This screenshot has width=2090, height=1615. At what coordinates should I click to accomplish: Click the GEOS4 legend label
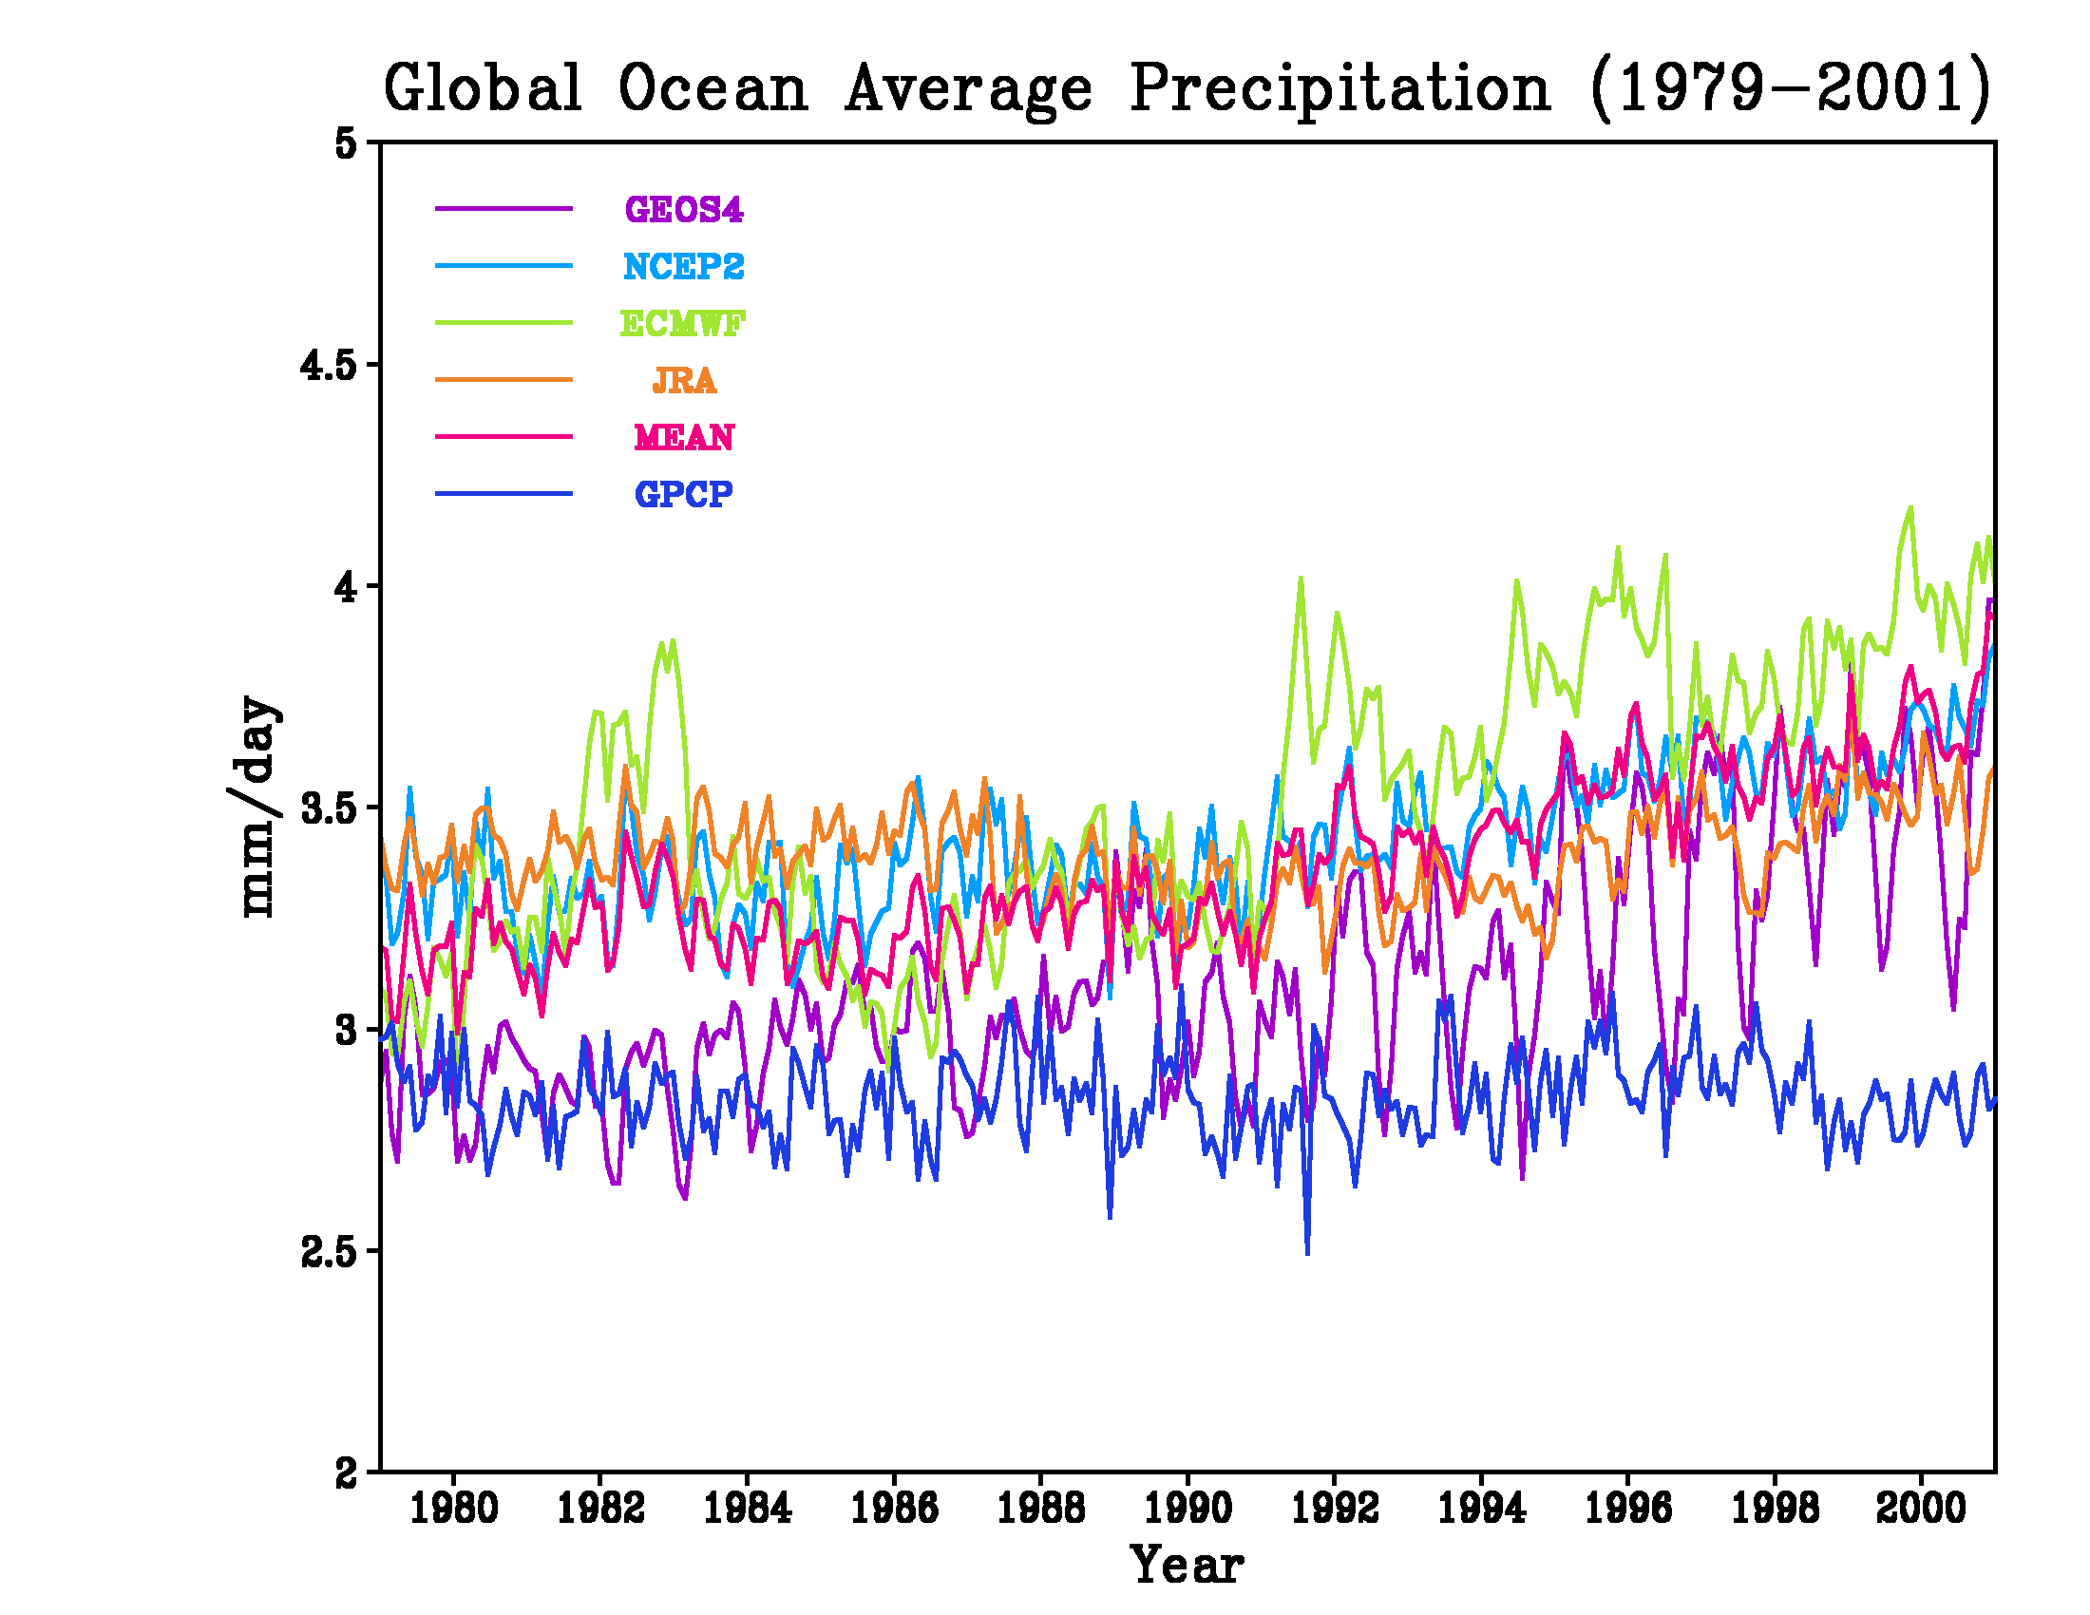pyautogui.click(x=683, y=210)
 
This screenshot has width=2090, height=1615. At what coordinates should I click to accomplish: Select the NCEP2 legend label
pyautogui.click(x=683, y=266)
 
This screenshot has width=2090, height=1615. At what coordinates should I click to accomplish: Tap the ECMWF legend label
pyautogui.click(x=682, y=323)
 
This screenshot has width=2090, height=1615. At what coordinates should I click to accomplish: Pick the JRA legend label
pyautogui.click(x=683, y=381)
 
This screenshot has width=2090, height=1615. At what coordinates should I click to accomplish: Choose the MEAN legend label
pyautogui.click(x=683, y=437)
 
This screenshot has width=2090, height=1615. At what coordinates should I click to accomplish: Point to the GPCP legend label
pyautogui.click(x=683, y=494)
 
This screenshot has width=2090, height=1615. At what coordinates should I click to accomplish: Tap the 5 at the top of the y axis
pyautogui.click(x=345, y=143)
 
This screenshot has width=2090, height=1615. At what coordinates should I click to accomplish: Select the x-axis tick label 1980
pyautogui.click(x=453, y=1509)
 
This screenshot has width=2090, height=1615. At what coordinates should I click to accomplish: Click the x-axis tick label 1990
pyautogui.click(x=1187, y=1509)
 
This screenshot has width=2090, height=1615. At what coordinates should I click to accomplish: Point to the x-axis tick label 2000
pyautogui.click(x=1921, y=1509)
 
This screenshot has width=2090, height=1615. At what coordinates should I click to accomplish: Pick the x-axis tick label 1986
pyautogui.click(x=894, y=1509)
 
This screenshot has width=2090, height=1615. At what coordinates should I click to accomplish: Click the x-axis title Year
pyautogui.click(x=1187, y=1567)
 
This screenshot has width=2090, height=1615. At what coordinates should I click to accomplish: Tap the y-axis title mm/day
pyautogui.click(x=256, y=807)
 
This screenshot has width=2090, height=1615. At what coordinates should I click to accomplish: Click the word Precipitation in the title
pyautogui.click(x=1339, y=88)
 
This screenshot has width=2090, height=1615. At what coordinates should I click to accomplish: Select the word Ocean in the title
pyautogui.click(x=712, y=88)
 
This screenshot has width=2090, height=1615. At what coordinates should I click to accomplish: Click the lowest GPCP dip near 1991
pyautogui.click(x=1307, y=1252)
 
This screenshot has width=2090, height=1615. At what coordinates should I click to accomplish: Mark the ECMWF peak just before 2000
pyautogui.click(x=1911, y=508)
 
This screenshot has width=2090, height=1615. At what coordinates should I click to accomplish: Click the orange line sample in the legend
pyautogui.click(x=503, y=380)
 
